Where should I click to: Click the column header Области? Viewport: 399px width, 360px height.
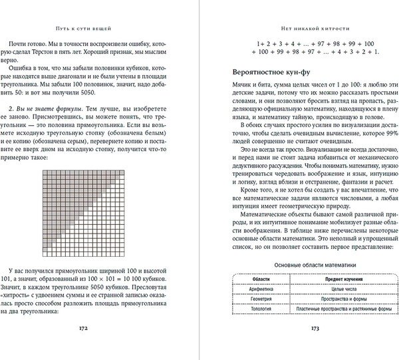click(x=251, y=277)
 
